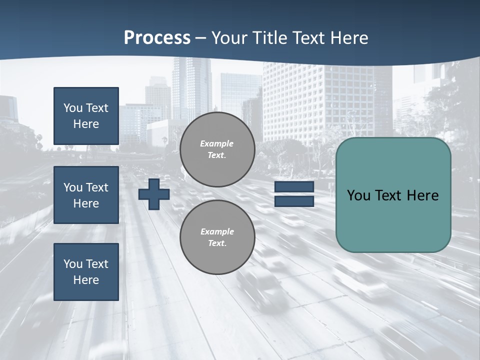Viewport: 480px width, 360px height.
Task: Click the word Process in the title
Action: [157, 38]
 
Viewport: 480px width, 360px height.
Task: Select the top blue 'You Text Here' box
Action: [86, 116]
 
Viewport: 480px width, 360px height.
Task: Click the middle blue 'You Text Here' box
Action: [86, 195]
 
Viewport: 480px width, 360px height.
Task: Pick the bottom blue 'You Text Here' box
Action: [86, 271]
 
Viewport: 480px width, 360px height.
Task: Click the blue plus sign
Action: [154, 194]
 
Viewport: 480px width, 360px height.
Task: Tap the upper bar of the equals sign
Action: [294, 187]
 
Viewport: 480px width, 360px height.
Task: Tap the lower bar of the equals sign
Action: [294, 201]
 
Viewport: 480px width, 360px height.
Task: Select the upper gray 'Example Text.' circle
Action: [217, 149]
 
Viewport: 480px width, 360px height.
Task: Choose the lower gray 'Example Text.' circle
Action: [217, 237]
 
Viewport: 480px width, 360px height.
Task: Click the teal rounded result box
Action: [393, 195]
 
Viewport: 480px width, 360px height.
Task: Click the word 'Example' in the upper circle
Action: [217, 143]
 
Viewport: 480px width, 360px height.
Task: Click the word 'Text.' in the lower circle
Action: [217, 243]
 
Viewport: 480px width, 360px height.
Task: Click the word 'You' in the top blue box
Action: [73, 108]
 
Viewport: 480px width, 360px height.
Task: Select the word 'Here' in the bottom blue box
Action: [86, 280]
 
